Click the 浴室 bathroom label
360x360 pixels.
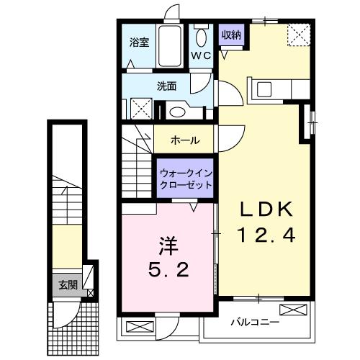(x=140, y=42)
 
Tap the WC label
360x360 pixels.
(x=201, y=56)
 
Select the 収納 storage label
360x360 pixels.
(x=231, y=35)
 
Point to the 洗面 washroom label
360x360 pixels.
(x=166, y=86)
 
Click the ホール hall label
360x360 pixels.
(x=185, y=140)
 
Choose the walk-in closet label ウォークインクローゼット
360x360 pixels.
(x=186, y=179)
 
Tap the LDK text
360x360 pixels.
(x=266, y=209)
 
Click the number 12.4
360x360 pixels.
(x=266, y=235)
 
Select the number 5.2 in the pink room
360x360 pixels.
(x=168, y=269)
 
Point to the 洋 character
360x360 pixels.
(x=168, y=246)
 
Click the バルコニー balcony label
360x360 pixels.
(x=255, y=322)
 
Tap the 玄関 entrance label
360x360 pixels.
(x=68, y=285)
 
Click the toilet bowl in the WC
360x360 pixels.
(x=201, y=38)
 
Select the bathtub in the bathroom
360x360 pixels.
(x=170, y=46)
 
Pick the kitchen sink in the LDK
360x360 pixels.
(x=264, y=90)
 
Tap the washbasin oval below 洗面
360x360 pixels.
(x=177, y=112)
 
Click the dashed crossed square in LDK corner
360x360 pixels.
(x=299, y=35)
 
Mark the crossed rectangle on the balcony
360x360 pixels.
(x=294, y=310)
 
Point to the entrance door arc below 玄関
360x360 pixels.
(x=70, y=317)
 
